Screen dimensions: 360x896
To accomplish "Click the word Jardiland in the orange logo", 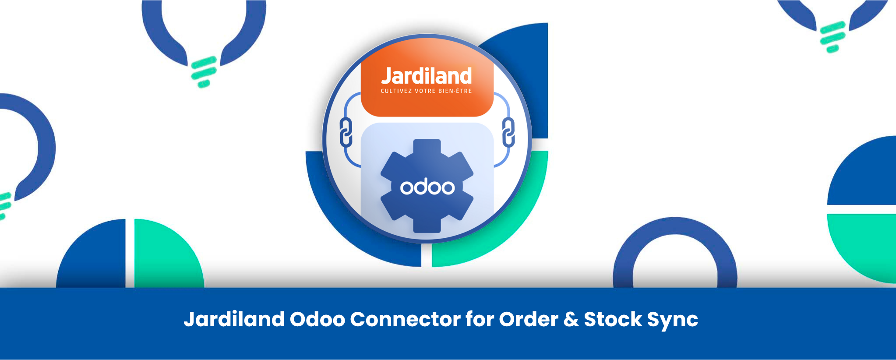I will click(426, 76).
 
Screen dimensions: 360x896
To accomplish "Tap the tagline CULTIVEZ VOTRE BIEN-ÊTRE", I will click(426, 91).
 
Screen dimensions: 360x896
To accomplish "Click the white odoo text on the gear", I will click(427, 187).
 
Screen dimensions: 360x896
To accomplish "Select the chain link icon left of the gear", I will click(346, 132).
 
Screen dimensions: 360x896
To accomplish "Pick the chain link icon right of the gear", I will click(508, 132).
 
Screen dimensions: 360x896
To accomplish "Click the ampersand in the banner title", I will click(571, 319).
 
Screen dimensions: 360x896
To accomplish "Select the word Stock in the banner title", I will click(613, 319).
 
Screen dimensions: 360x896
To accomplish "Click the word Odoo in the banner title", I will click(317, 319).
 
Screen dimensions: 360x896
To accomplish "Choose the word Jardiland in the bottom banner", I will click(234, 319).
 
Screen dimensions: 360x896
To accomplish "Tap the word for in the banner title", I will click(480, 319).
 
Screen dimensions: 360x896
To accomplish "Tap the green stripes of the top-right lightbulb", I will click(832, 37).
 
